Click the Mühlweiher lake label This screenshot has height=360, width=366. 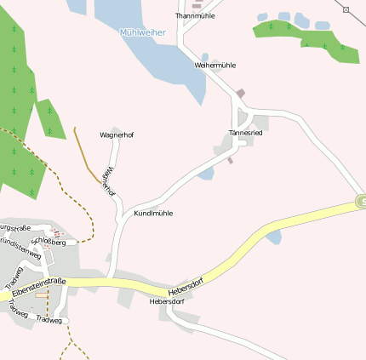143,32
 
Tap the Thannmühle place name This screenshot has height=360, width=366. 195,15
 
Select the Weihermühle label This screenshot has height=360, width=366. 215,65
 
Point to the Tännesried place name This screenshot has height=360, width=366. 246,133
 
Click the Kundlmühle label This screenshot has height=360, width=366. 153,213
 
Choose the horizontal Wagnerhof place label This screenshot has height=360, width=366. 117,134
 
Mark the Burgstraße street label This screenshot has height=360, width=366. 15,228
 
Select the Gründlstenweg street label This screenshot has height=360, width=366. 20,249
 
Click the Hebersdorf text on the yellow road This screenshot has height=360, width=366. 186,286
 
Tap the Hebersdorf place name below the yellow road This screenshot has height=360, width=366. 167,301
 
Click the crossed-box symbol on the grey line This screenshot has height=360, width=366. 347,9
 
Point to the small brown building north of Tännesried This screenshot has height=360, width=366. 241,93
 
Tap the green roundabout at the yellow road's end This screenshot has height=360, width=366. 362,202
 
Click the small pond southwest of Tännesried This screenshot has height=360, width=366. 206,174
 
